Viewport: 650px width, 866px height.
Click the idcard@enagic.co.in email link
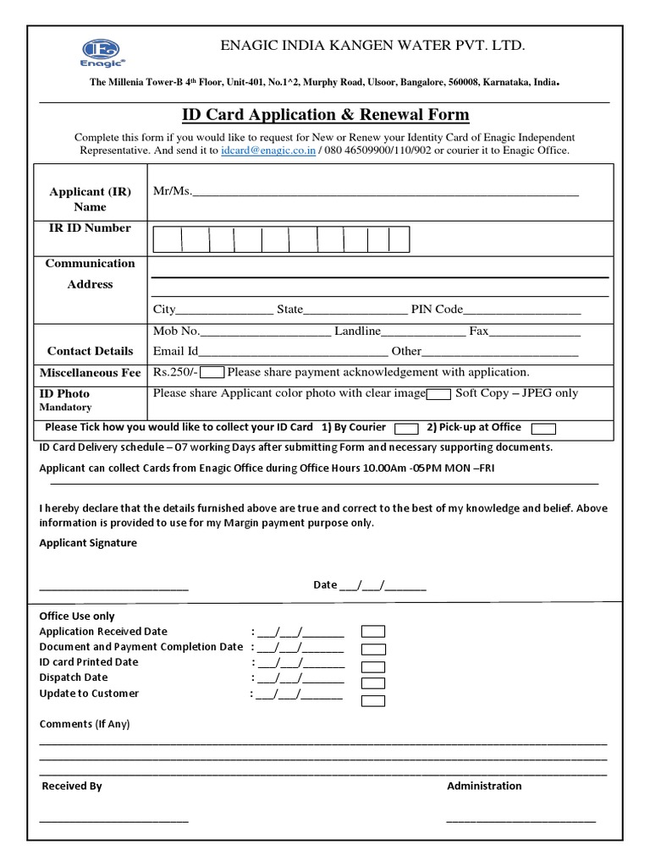(268, 151)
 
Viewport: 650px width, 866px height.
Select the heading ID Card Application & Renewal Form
(326, 115)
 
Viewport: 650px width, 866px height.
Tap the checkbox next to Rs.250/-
(212, 373)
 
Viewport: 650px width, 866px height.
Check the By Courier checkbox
(406, 428)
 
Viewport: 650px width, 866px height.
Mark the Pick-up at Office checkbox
(543, 428)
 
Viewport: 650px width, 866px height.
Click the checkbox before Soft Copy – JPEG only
(438, 394)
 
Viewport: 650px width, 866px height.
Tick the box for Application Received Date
(373, 632)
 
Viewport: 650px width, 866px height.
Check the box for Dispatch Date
(373, 682)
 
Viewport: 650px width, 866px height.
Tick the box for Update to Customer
(373, 700)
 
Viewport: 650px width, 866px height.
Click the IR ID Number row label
(90, 228)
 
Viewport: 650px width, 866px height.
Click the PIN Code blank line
(521, 310)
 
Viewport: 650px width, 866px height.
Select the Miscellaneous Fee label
(91, 373)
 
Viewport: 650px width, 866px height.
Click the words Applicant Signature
(88, 543)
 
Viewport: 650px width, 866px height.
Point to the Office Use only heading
(77, 617)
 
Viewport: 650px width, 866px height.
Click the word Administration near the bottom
(484, 786)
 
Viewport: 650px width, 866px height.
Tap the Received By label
(72, 786)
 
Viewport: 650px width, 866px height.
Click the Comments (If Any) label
(85, 724)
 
